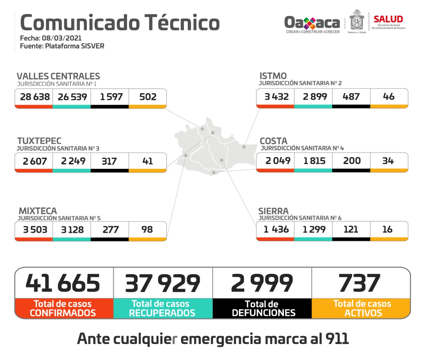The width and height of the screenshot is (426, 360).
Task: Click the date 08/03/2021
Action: coord(62,38)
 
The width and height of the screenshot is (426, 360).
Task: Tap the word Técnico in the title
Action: coord(182,23)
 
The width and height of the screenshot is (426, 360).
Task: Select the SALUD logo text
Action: coord(388,19)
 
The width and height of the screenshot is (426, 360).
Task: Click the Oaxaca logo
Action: coord(312,23)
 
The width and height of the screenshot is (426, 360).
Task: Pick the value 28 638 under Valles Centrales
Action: coord(35,97)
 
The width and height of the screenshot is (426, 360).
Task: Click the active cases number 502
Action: coord(148,97)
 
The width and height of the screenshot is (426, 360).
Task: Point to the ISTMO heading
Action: coord(273,76)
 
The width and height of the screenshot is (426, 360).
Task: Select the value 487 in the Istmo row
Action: coord(351,96)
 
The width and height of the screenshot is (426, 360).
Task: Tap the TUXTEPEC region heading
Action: coord(39,141)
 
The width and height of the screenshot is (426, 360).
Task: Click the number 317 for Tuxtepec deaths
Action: coord(109,161)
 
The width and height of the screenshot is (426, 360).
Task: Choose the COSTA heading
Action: coord(273,141)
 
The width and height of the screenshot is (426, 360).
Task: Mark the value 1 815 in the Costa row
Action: coord(314,161)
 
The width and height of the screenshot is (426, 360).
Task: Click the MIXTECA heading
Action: coord(38,211)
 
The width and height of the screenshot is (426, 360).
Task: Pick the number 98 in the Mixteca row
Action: coord(147,229)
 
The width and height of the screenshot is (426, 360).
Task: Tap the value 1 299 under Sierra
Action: coord(314,229)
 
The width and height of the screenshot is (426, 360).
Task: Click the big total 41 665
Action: coord(63,283)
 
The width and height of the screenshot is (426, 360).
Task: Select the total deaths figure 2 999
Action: coord(262,283)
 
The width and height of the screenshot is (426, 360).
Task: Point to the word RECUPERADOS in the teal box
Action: coord(162,313)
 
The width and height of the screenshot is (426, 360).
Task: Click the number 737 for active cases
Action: coord(359,283)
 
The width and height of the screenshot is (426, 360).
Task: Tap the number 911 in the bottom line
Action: coord(337,339)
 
